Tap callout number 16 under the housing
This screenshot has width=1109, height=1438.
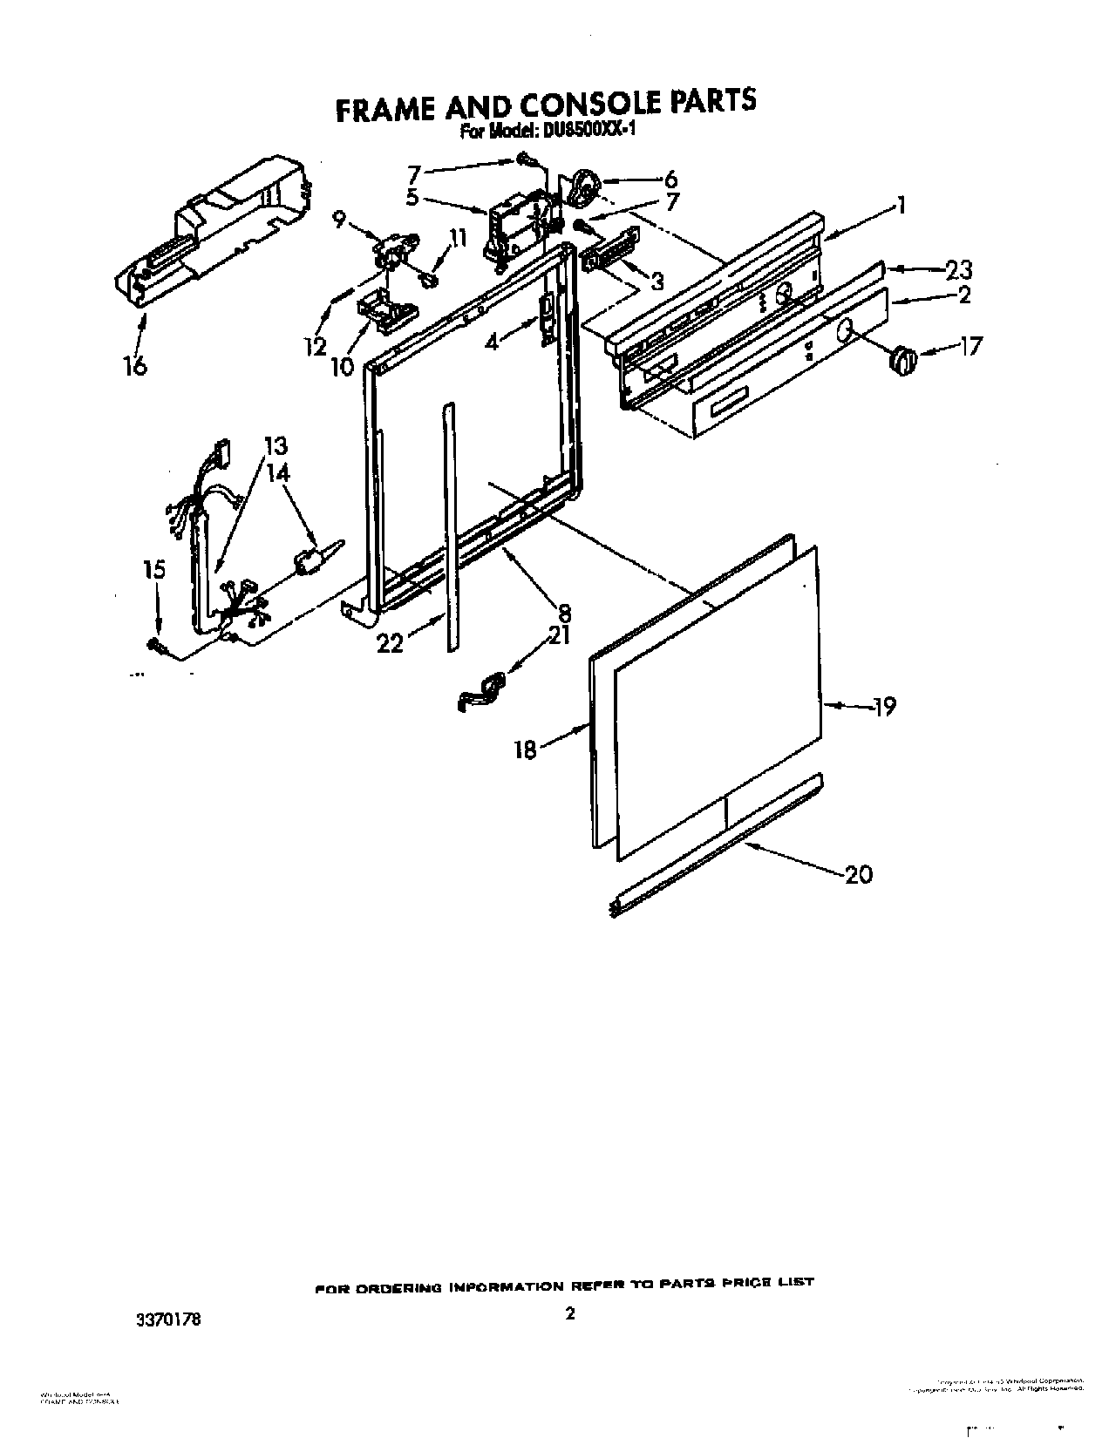(x=135, y=364)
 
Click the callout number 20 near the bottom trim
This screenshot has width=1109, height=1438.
(x=859, y=873)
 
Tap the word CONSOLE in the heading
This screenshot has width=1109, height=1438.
(x=594, y=105)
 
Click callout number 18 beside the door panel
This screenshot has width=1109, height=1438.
(x=525, y=750)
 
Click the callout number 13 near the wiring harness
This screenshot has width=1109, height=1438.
(x=276, y=446)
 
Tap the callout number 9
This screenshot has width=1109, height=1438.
(x=341, y=220)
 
